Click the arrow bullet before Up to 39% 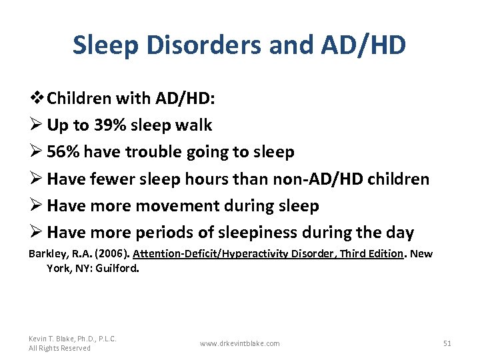pos(35,125)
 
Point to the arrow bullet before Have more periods pos(35,233)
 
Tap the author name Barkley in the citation pos(45,254)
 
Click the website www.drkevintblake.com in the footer pos(239,343)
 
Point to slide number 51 pos(447,343)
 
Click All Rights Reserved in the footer pos(59,348)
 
